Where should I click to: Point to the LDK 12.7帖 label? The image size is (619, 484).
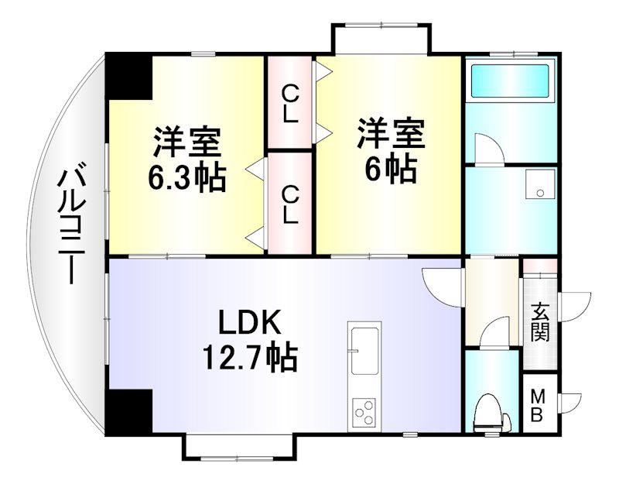(x=249, y=341)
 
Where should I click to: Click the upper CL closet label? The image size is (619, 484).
(x=289, y=105)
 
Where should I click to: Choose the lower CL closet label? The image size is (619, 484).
(x=289, y=206)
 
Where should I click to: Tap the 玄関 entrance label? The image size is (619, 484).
(x=539, y=322)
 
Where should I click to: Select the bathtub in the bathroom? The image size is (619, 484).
(x=511, y=81)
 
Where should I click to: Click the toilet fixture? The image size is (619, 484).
(x=489, y=414)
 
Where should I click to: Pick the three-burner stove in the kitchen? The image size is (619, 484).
(x=364, y=413)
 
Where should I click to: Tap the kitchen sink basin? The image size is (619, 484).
(x=363, y=352)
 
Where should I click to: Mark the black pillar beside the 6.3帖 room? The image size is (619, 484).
(x=128, y=77)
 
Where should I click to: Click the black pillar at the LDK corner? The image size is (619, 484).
(x=128, y=412)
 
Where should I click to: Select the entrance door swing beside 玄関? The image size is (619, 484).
(x=574, y=307)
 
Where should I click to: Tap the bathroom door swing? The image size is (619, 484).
(x=489, y=149)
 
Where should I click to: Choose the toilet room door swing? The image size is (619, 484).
(x=494, y=332)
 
